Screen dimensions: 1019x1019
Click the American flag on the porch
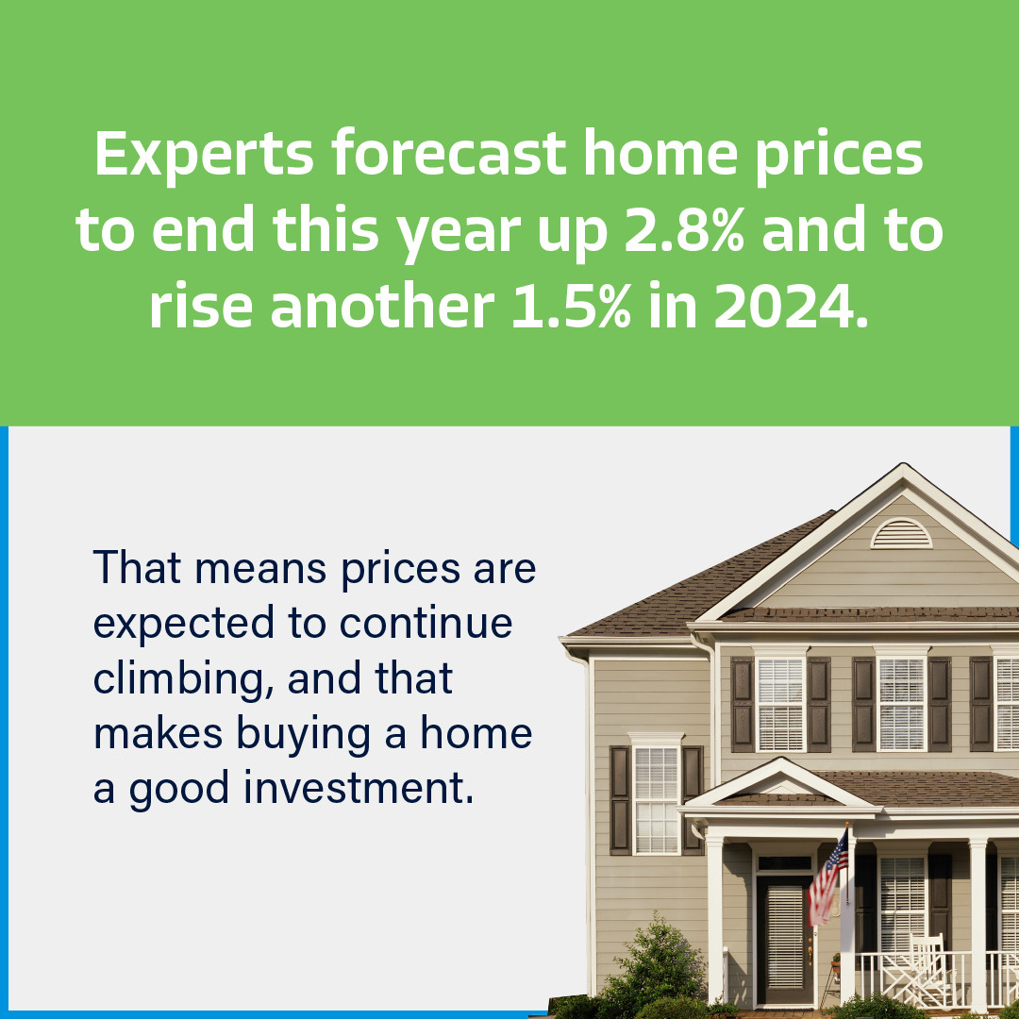point(828,877)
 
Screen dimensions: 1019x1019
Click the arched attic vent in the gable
point(901,534)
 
